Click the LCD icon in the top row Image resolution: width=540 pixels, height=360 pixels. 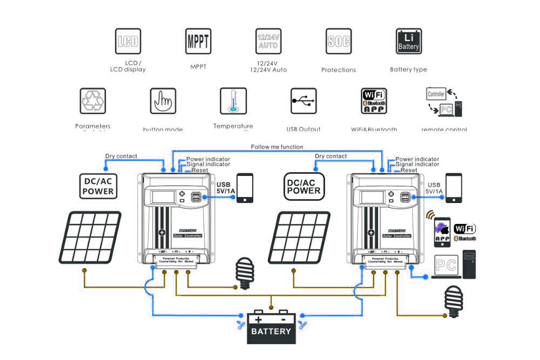(127, 42)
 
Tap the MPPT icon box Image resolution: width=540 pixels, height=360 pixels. (198, 42)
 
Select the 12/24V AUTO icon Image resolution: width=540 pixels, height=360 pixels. (268, 42)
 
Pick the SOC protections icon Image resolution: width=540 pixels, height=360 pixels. (339, 42)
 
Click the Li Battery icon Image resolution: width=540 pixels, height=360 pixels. (408, 42)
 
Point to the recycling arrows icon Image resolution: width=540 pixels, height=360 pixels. (93, 100)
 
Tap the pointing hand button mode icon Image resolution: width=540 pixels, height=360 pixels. (163, 100)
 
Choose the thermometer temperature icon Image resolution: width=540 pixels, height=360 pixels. (233, 100)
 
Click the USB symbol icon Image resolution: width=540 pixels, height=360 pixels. (303, 101)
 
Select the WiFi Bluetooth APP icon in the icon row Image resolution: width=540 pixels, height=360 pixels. (374, 101)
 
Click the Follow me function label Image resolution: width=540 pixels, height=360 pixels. (277, 147)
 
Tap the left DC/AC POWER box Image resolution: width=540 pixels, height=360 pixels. (98, 184)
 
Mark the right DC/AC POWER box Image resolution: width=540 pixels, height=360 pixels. (303, 184)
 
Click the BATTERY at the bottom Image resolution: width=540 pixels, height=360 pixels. (272, 327)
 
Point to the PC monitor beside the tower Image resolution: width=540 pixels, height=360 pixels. (446, 266)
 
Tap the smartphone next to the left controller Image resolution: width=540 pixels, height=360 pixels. (245, 187)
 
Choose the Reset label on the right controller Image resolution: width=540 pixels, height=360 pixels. (409, 170)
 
